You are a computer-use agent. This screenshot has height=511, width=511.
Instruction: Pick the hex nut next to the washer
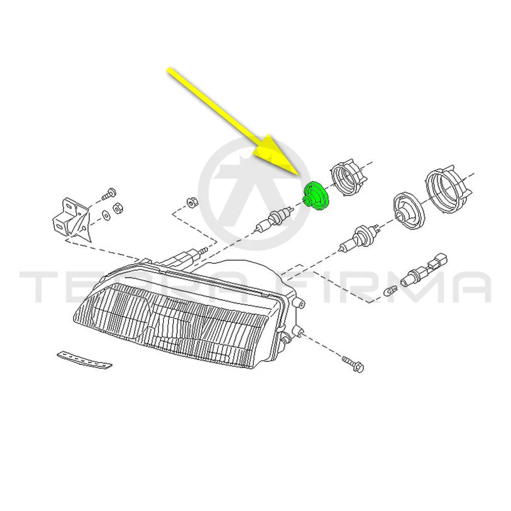(118, 208)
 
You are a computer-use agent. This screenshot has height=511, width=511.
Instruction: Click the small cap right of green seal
(347, 178)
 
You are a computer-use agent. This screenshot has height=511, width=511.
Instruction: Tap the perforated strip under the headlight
(84, 360)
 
